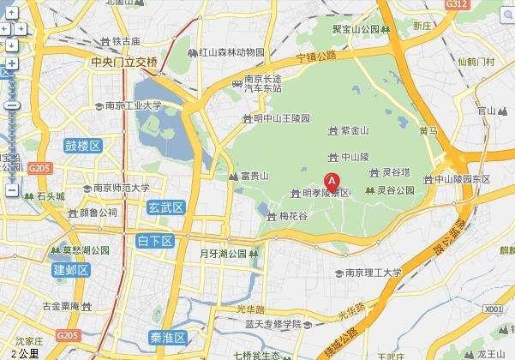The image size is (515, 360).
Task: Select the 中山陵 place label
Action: click(355, 157)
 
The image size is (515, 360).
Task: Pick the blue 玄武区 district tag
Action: click(165, 207)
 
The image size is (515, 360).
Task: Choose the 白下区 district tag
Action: click(155, 242)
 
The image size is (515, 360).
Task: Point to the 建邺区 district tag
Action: click(71, 271)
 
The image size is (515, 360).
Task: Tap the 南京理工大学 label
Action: click(373, 273)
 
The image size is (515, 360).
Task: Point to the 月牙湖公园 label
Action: click(223, 254)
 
